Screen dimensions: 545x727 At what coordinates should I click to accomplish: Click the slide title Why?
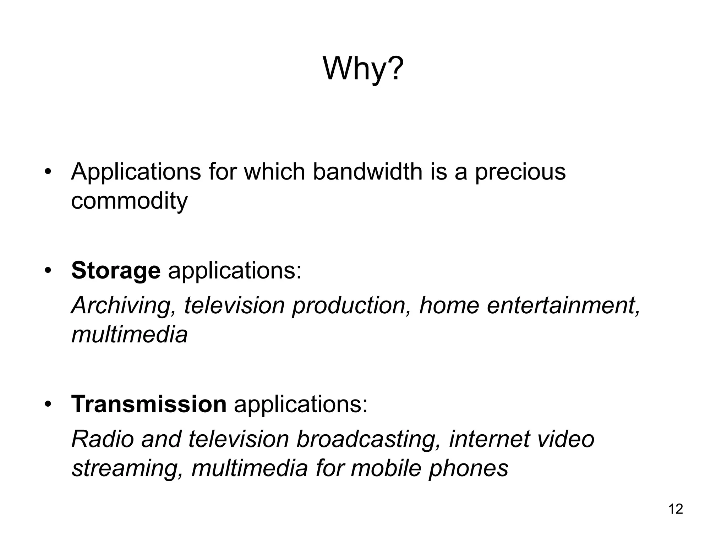363,69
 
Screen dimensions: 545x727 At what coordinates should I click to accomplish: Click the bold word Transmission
149,404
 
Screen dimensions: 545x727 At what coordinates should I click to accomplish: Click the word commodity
129,202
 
